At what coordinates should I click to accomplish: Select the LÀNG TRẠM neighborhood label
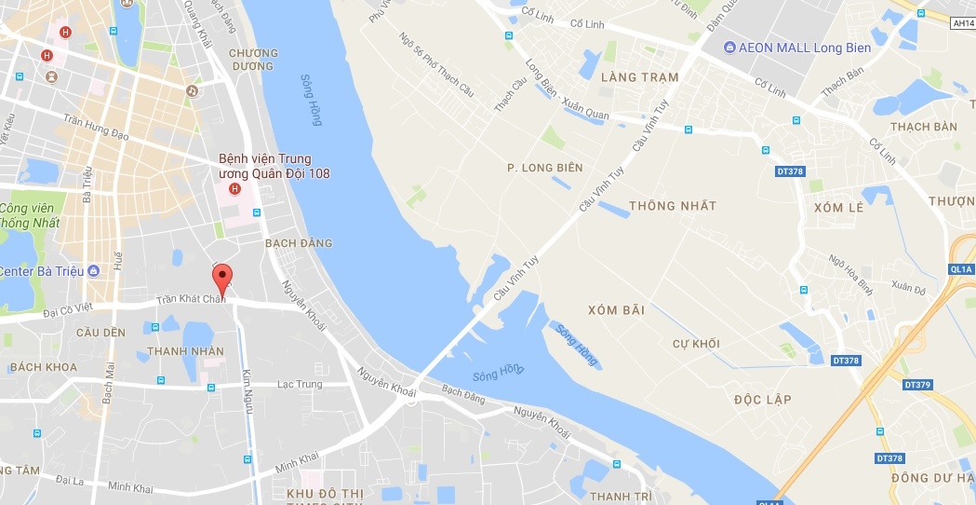click(x=640, y=77)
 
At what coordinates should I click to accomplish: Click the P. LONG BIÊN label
click(x=544, y=168)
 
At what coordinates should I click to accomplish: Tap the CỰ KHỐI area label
click(x=696, y=344)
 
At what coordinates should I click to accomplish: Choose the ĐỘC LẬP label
click(x=762, y=400)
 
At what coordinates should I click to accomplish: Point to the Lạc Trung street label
click(x=300, y=384)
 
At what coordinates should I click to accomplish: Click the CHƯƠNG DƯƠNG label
click(x=253, y=60)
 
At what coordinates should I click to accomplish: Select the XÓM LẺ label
click(x=838, y=208)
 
